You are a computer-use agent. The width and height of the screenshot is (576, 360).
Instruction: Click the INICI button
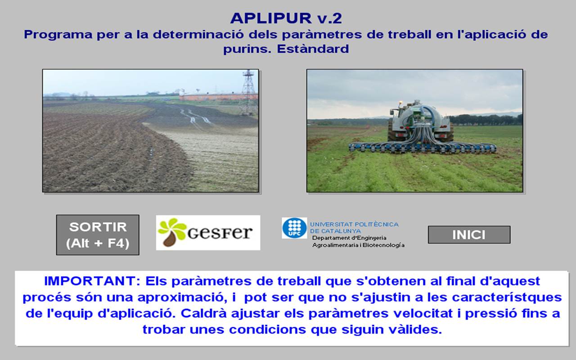point(469,234)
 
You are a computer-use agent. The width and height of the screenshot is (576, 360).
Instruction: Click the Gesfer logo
point(208,233)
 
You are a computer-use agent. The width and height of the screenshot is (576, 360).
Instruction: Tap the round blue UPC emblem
point(294,228)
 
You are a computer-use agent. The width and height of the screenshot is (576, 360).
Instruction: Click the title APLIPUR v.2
point(286,18)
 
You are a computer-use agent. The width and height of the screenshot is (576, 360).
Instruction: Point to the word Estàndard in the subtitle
point(313,49)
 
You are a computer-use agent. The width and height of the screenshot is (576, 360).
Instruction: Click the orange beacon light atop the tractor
point(401,104)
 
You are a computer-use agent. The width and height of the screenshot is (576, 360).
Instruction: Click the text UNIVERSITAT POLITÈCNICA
point(354,225)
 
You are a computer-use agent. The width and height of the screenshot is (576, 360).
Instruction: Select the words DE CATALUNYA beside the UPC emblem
point(335,231)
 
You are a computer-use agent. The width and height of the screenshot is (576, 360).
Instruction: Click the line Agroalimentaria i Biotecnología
point(359,245)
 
